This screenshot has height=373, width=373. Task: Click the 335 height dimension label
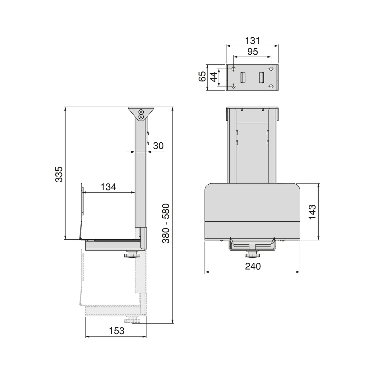tap(59, 174)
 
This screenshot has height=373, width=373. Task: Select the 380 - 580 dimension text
tap(166, 223)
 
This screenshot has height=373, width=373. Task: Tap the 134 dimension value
tap(108, 187)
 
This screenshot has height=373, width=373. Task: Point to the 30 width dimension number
tap(158, 146)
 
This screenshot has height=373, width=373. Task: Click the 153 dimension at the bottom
tap(117, 331)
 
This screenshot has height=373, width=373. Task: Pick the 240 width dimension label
tap(253, 266)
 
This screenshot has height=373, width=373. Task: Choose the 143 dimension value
tap(312, 212)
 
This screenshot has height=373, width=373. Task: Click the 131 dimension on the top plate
tap(252, 41)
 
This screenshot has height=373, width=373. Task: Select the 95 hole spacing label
tap(253, 52)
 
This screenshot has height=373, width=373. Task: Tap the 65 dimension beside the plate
tap(202, 76)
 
